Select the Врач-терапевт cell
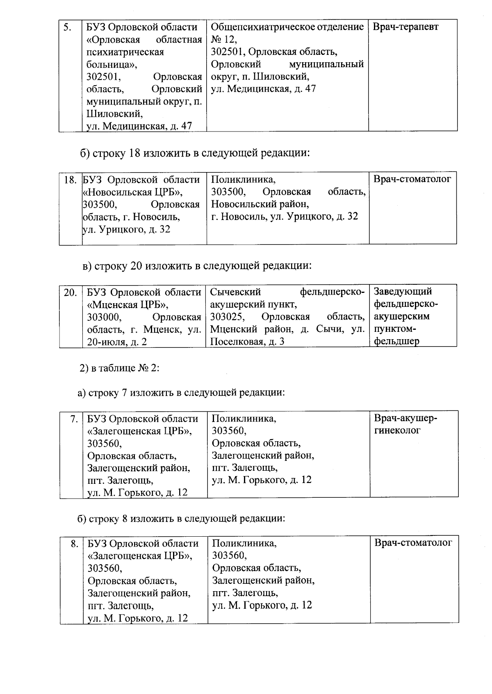click(x=405, y=27)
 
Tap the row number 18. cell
click(x=70, y=180)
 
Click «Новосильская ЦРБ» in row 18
click(x=133, y=192)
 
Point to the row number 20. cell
click(x=70, y=293)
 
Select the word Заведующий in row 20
click(x=403, y=292)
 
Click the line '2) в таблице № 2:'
click(x=119, y=368)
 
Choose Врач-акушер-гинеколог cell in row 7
click(x=405, y=424)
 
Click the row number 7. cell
click(x=74, y=419)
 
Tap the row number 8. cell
click(x=74, y=544)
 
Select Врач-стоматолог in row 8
click(x=413, y=543)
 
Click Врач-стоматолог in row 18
click(x=412, y=179)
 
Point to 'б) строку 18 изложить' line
click(x=194, y=153)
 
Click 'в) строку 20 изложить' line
click(x=197, y=266)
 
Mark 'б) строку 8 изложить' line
click(x=181, y=518)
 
